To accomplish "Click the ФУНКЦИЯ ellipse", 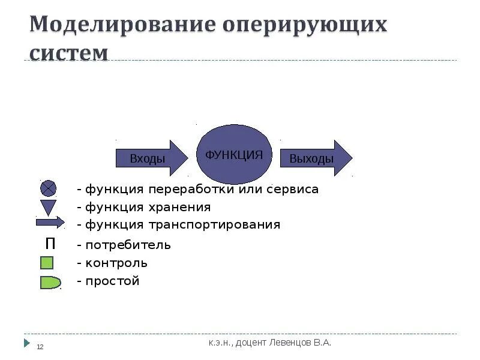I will point(235,154).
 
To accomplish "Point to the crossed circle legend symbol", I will point(48,189).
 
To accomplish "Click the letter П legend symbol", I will point(50,244).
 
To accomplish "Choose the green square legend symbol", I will point(47,263).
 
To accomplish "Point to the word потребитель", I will point(128,245).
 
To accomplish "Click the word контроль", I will point(116,263).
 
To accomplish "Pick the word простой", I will point(112,281).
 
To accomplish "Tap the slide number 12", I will point(41,347).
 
